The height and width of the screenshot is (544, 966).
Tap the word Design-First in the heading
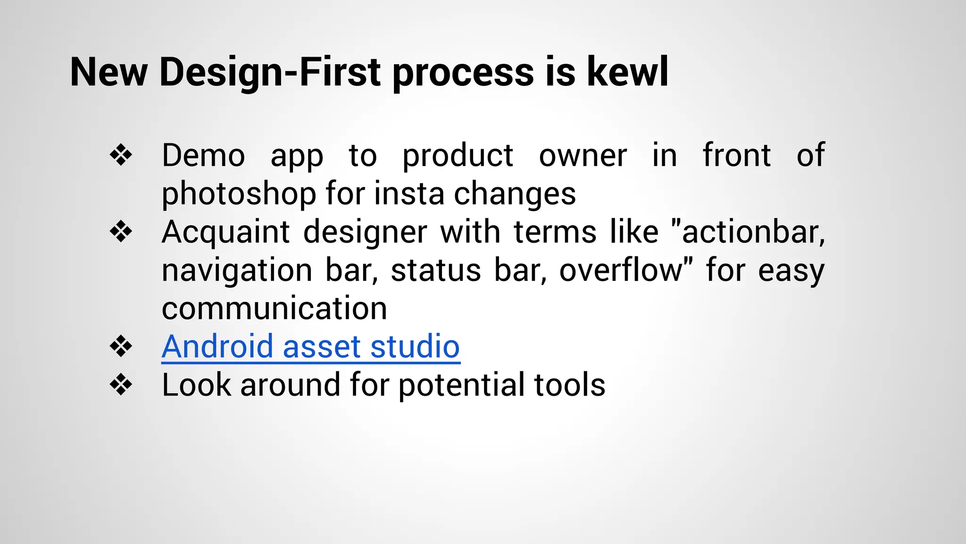(270, 72)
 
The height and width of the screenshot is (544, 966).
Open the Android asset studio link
(310, 347)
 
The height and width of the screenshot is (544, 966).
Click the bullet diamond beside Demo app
(121, 155)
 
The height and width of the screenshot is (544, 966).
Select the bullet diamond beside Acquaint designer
(121, 232)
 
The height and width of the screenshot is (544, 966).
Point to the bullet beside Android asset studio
(121, 347)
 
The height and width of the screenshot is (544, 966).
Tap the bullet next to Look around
(121, 385)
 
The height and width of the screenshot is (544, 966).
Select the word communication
(274, 308)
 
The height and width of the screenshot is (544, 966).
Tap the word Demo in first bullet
(203, 155)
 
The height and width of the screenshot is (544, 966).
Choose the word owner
(583, 155)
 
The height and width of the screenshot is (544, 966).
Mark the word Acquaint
(225, 232)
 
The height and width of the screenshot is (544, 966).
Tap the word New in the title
(108, 72)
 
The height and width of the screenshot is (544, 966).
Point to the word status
(435, 270)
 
